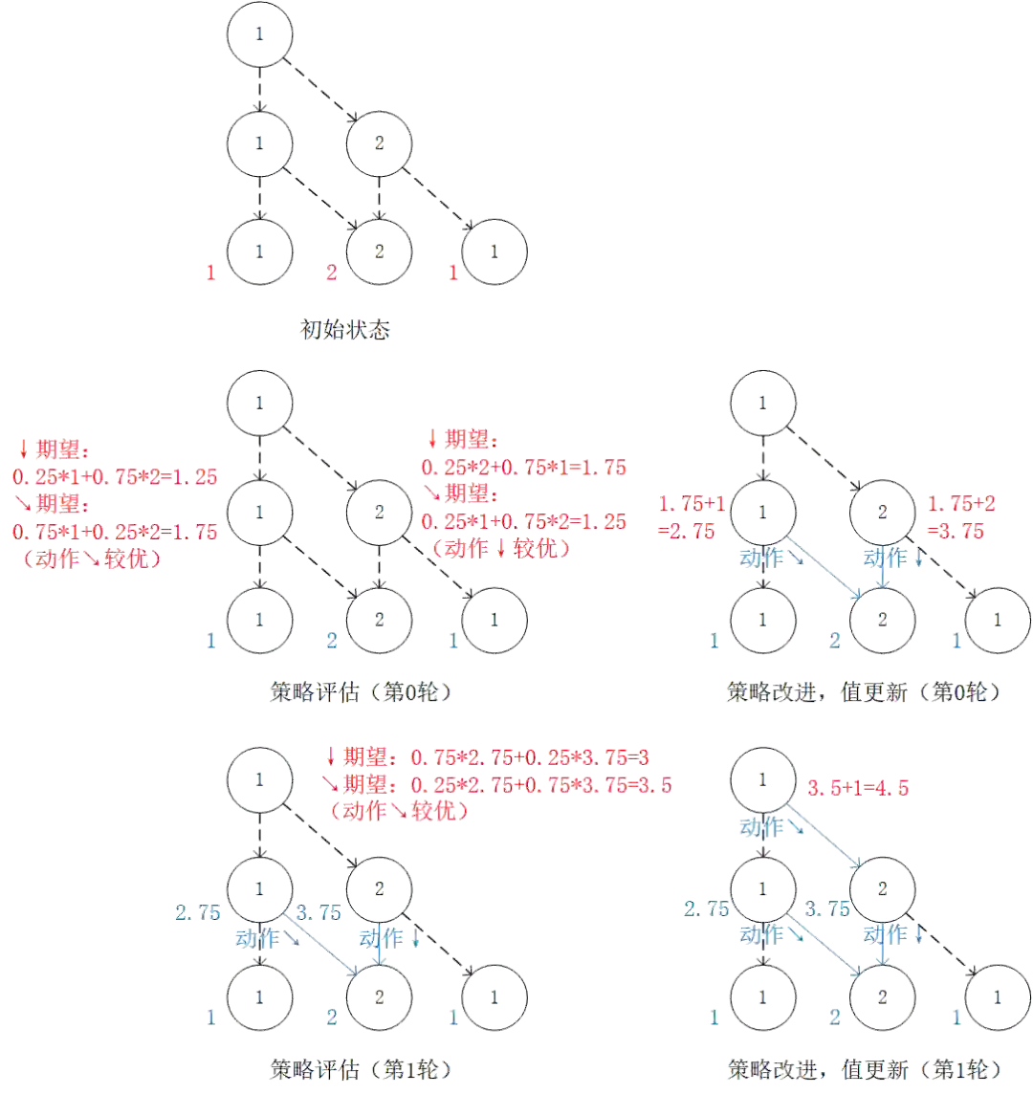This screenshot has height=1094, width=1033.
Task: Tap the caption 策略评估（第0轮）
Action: (x=361, y=692)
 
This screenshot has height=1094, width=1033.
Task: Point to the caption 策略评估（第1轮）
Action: (x=361, y=1067)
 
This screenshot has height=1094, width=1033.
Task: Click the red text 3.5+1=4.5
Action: (x=858, y=788)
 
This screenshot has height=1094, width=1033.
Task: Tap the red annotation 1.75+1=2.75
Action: (x=691, y=517)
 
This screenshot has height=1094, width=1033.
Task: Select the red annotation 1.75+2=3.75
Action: (x=956, y=517)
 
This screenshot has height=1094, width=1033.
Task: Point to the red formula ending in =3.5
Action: (x=501, y=785)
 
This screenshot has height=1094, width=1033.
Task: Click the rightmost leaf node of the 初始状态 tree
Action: (x=495, y=252)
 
